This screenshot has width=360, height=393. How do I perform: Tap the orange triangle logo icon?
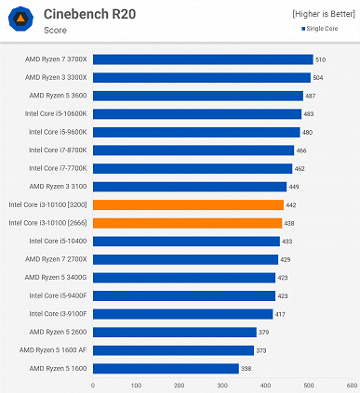pos(20,20)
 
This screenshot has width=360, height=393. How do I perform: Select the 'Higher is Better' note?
pos(323,13)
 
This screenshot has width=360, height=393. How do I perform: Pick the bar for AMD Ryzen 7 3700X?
pos(203,59)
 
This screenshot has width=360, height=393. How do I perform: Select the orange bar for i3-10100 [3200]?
pos(188,204)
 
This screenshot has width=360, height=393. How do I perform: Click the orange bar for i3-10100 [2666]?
pos(187,223)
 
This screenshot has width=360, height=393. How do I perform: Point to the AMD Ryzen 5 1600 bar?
pos(166,368)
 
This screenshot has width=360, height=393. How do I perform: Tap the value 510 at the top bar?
pos(321,59)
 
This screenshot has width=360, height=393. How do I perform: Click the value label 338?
pos(247,368)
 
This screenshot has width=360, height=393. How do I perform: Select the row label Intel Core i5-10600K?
pos(59,113)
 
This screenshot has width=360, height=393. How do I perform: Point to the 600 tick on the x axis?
pos(351,385)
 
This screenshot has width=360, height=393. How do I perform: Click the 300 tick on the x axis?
pos(222,385)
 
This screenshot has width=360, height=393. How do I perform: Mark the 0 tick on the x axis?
pos(94,385)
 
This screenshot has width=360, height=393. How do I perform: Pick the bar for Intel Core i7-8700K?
pos(193,150)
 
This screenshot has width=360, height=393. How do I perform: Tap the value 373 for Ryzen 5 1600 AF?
pos(261,350)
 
